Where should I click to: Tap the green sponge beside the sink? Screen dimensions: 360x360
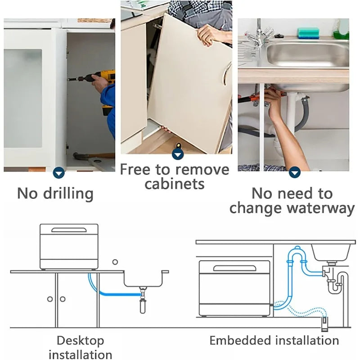pyautogui.click(x=308, y=33)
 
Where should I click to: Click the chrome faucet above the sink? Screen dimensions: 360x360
pyautogui.click(x=261, y=34)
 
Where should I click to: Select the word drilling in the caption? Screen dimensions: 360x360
pyautogui.click(x=68, y=194)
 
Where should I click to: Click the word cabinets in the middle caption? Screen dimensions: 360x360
pyautogui.click(x=175, y=184)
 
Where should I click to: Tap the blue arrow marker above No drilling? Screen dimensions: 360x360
pyautogui.click(x=59, y=173)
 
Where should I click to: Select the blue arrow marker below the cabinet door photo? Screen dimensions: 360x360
pyautogui.click(x=178, y=154)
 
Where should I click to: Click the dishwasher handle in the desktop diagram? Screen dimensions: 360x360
pyautogui.click(x=69, y=230)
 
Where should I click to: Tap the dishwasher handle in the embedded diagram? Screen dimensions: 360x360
pyautogui.click(x=234, y=268)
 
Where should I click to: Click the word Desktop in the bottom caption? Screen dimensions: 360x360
pyautogui.click(x=80, y=341)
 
